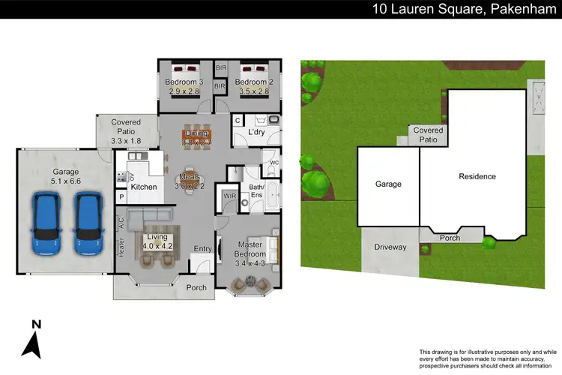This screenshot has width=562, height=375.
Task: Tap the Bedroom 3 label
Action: click(x=184, y=82)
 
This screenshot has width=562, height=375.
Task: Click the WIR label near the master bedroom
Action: click(x=230, y=196)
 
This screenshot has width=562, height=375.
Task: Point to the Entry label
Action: click(x=202, y=249)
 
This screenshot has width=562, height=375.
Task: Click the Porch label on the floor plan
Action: click(x=196, y=287)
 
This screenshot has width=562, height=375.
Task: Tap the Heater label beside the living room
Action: click(x=121, y=248)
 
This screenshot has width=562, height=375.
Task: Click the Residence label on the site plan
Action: click(x=477, y=177)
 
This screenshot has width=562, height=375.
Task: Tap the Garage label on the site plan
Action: click(x=388, y=184)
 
